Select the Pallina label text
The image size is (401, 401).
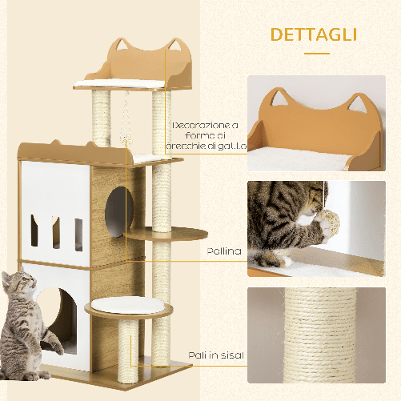[x=223, y=251]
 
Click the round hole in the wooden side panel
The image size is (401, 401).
[x=118, y=204]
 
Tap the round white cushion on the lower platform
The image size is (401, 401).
[x=116, y=304]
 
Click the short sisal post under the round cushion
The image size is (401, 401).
[x=128, y=348]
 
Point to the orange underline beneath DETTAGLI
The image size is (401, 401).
[x=318, y=54]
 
